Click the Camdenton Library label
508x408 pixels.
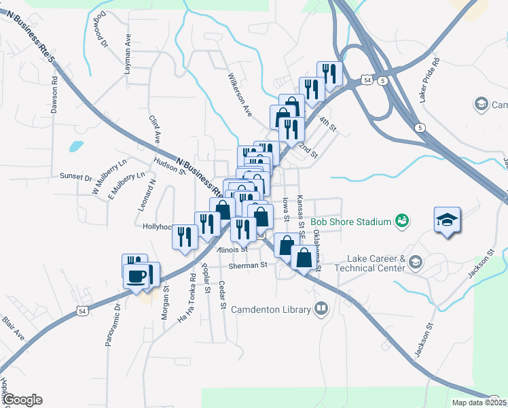click(270, 309)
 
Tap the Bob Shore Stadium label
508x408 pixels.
click(350, 222)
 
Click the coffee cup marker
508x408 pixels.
click(137, 277)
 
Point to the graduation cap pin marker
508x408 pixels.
click(448, 220)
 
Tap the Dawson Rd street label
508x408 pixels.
click(55, 99)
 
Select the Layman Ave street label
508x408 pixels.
click(127, 50)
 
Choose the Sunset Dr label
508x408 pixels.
click(75, 177)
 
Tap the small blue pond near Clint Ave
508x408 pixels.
click(76, 146)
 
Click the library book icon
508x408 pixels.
click(321, 309)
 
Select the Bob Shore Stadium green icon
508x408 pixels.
click(402, 221)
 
